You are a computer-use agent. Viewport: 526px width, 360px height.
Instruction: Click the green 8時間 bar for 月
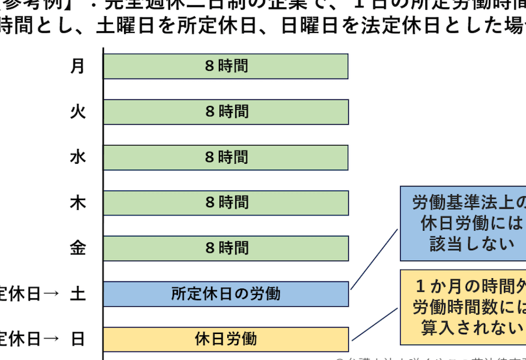click(x=226, y=66)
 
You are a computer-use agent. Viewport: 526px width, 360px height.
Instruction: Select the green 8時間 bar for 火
click(x=226, y=112)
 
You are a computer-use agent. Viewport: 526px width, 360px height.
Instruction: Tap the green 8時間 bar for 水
click(x=226, y=157)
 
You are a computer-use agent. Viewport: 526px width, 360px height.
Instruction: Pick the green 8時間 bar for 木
click(x=226, y=203)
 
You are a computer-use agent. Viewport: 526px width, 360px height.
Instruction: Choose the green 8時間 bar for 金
click(x=226, y=248)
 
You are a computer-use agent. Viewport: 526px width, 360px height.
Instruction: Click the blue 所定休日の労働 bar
click(x=226, y=294)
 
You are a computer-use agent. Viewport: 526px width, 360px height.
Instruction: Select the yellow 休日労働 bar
click(x=226, y=339)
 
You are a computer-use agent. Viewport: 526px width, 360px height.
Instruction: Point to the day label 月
click(x=78, y=66)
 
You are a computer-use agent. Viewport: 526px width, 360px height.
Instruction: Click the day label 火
click(x=78, y=112)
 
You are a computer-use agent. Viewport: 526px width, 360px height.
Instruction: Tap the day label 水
click(x=78, y=157)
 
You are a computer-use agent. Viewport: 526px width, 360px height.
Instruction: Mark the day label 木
click(x=78, y=203)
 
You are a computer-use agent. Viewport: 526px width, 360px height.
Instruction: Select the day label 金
click(x=78, y=248)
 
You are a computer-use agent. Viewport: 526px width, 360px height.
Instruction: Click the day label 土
click(x=78, y=294)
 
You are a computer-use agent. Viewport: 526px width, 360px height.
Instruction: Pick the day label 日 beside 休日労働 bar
click(x=78, y=339)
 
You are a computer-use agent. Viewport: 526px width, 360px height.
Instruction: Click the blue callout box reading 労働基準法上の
click(x=463, y=224)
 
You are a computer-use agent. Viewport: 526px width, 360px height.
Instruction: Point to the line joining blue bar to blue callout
click(x=374, y=259)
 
